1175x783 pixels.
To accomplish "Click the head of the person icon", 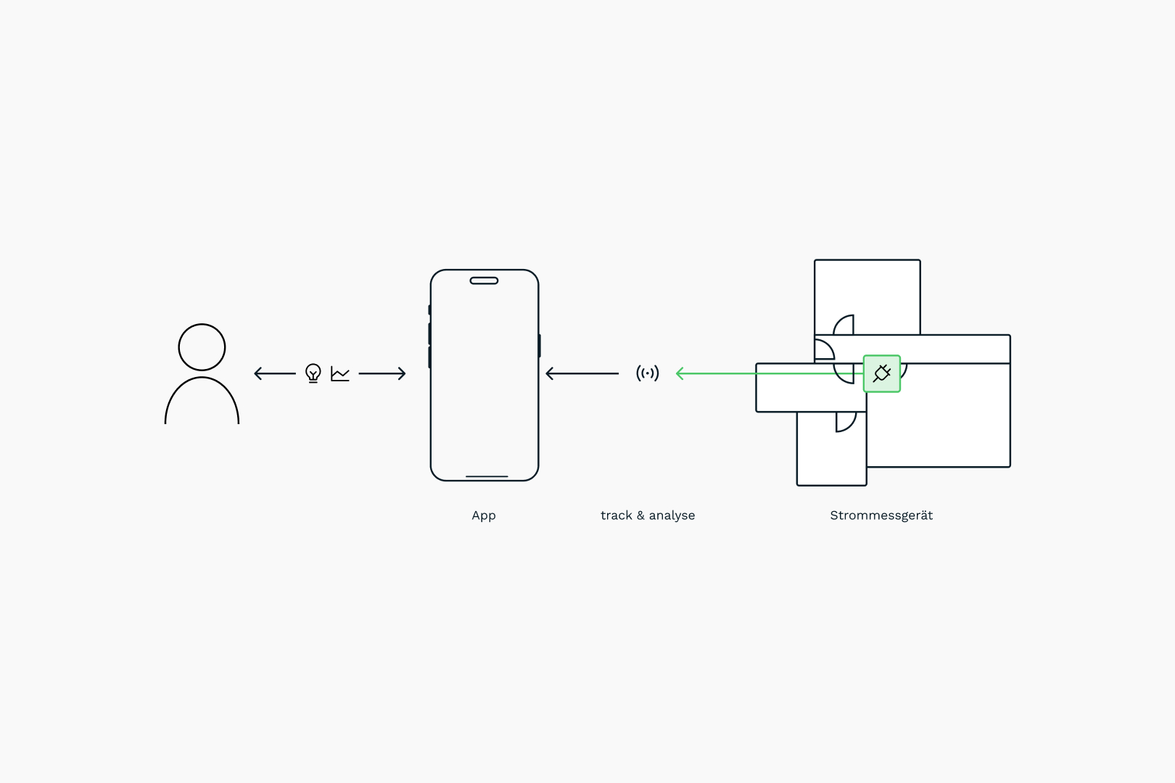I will pyautogui.click(x=202, y=347).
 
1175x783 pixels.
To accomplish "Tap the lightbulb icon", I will pyautogui.click(x=313, y=373).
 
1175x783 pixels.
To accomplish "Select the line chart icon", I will pyautogui.click(x=340, y=374).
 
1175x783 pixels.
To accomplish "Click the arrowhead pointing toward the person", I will pyautogui.click(x=257, y=373).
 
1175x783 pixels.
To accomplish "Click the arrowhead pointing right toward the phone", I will pyautogui.click(x=402, y=373).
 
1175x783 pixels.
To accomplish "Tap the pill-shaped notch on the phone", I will pyautogui.click(x=484, y=281).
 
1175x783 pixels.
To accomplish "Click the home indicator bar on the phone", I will pyautogui.click(x=487, y=476).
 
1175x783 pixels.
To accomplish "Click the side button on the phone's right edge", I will pyautogui.click(x=539, y=346).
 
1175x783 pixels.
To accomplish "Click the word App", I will pyautogui.click(x=484, y=515).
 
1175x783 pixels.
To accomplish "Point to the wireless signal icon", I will pyautogui.click(x=648, y=373).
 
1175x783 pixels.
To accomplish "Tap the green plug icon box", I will pyautogui.click(x=882, y=373).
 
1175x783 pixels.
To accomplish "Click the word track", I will pyautogui.click(x=616, y=515).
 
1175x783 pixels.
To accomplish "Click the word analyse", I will pyautogui.click(x=672, y=515).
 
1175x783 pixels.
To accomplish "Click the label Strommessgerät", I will pyautogui.click(x=881, y=515).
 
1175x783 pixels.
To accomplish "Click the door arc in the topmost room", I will pyautogui.click(x=844, y=326).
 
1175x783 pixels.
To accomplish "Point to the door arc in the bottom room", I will pyautogui.click(x=846, y=421).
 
